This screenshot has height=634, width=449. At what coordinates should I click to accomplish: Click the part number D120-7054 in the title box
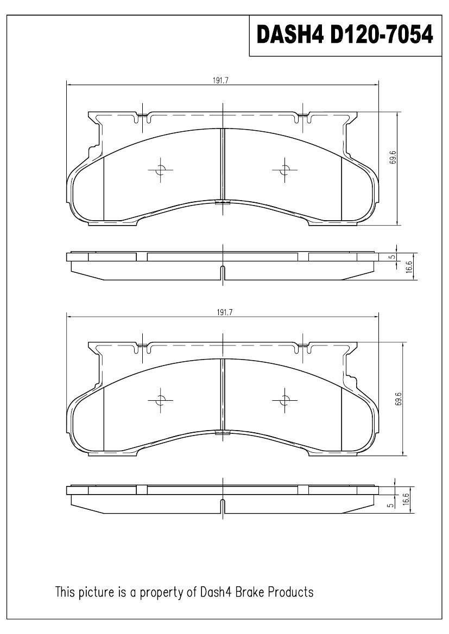(382, 34)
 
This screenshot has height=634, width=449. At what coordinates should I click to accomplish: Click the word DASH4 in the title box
(290, 34)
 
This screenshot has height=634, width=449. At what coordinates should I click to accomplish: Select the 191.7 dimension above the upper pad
(221, 80)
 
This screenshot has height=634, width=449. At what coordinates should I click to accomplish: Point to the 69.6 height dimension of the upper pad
(393, 157)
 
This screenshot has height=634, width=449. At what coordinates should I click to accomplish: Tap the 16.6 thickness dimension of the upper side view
(409, 268)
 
